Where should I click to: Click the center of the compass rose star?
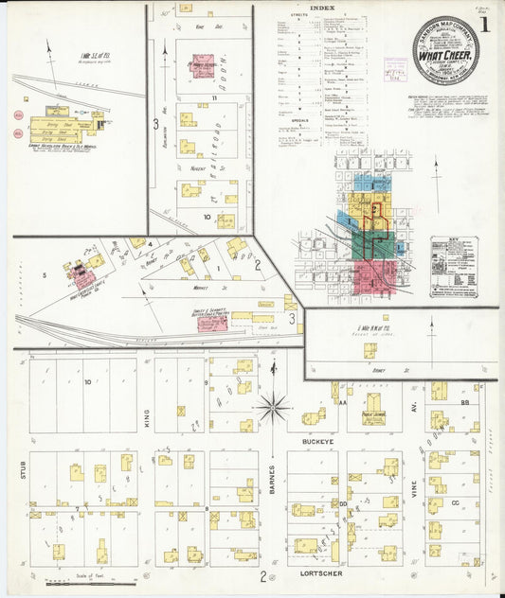(x=273, y=408)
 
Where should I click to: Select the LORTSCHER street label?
(x=321, y=573)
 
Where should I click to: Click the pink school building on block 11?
(x=202, y=65)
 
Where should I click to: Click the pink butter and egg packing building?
(x=212, y=323)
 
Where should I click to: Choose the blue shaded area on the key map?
(x=366, y=184)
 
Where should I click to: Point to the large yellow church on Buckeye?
(x=373, y=414)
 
